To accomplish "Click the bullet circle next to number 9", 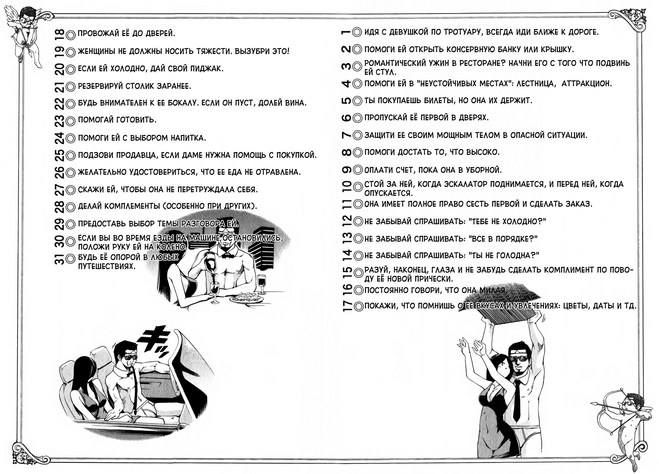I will pos(358,170).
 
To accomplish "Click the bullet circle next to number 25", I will pos(71,155).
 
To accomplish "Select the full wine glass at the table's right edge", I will pos(261,283).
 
